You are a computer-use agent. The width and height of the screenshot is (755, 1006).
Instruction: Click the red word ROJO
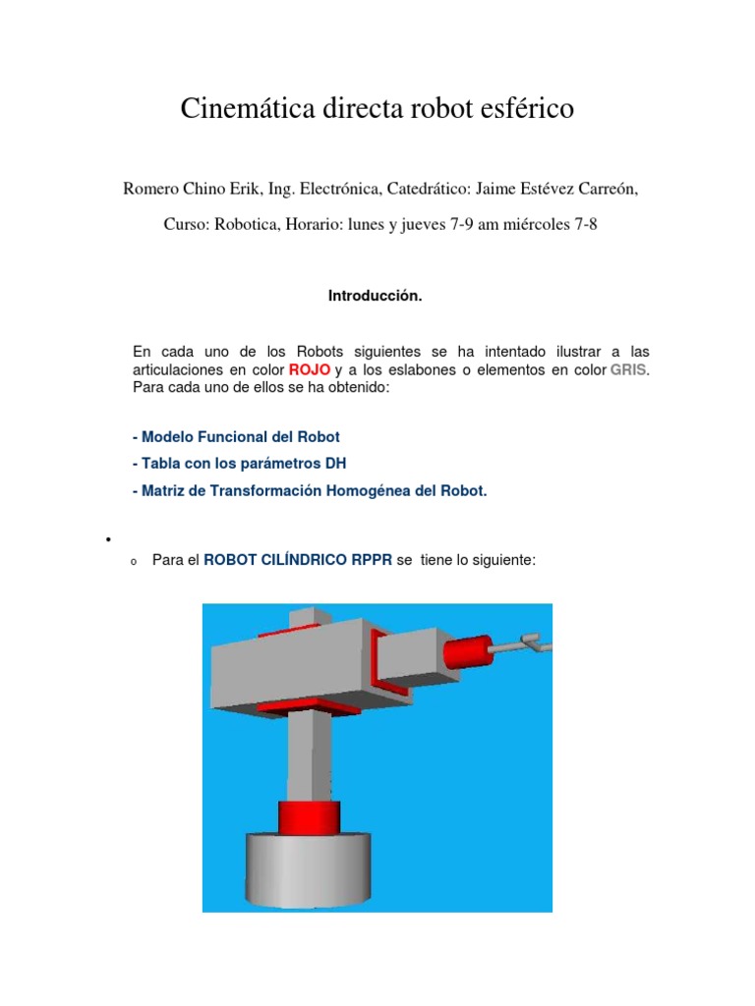coord(310,369)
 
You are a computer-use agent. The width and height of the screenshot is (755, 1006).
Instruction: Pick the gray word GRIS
coord(629,369)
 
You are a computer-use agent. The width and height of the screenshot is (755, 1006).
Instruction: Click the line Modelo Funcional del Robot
coord(236,436)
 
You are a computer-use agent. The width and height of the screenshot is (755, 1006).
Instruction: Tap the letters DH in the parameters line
coord(336,462)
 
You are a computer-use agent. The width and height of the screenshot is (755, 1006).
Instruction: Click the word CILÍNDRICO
coord(300,560)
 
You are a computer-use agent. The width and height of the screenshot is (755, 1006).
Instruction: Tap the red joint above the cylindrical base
coord(309,814)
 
